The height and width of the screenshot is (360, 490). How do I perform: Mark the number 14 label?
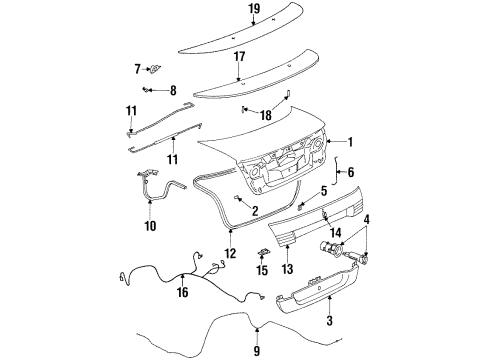click(336, 233)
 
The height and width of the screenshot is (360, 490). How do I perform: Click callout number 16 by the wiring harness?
click(182, 292)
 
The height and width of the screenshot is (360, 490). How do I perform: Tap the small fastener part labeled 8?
click(151, 90)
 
